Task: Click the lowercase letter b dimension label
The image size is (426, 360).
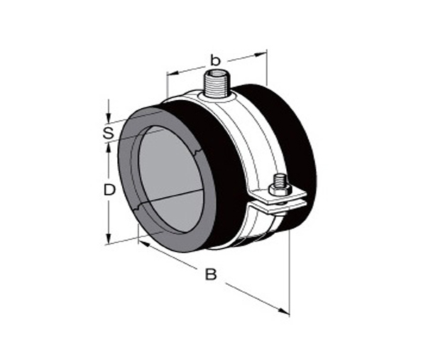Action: (215, 60)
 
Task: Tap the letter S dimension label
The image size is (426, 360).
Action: (109, 133)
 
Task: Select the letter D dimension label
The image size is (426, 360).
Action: (110, 190)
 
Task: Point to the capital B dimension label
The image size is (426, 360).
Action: (211, 274)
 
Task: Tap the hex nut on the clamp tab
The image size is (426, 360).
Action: (280, 190)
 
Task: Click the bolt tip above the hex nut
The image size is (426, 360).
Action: (280, 180)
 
